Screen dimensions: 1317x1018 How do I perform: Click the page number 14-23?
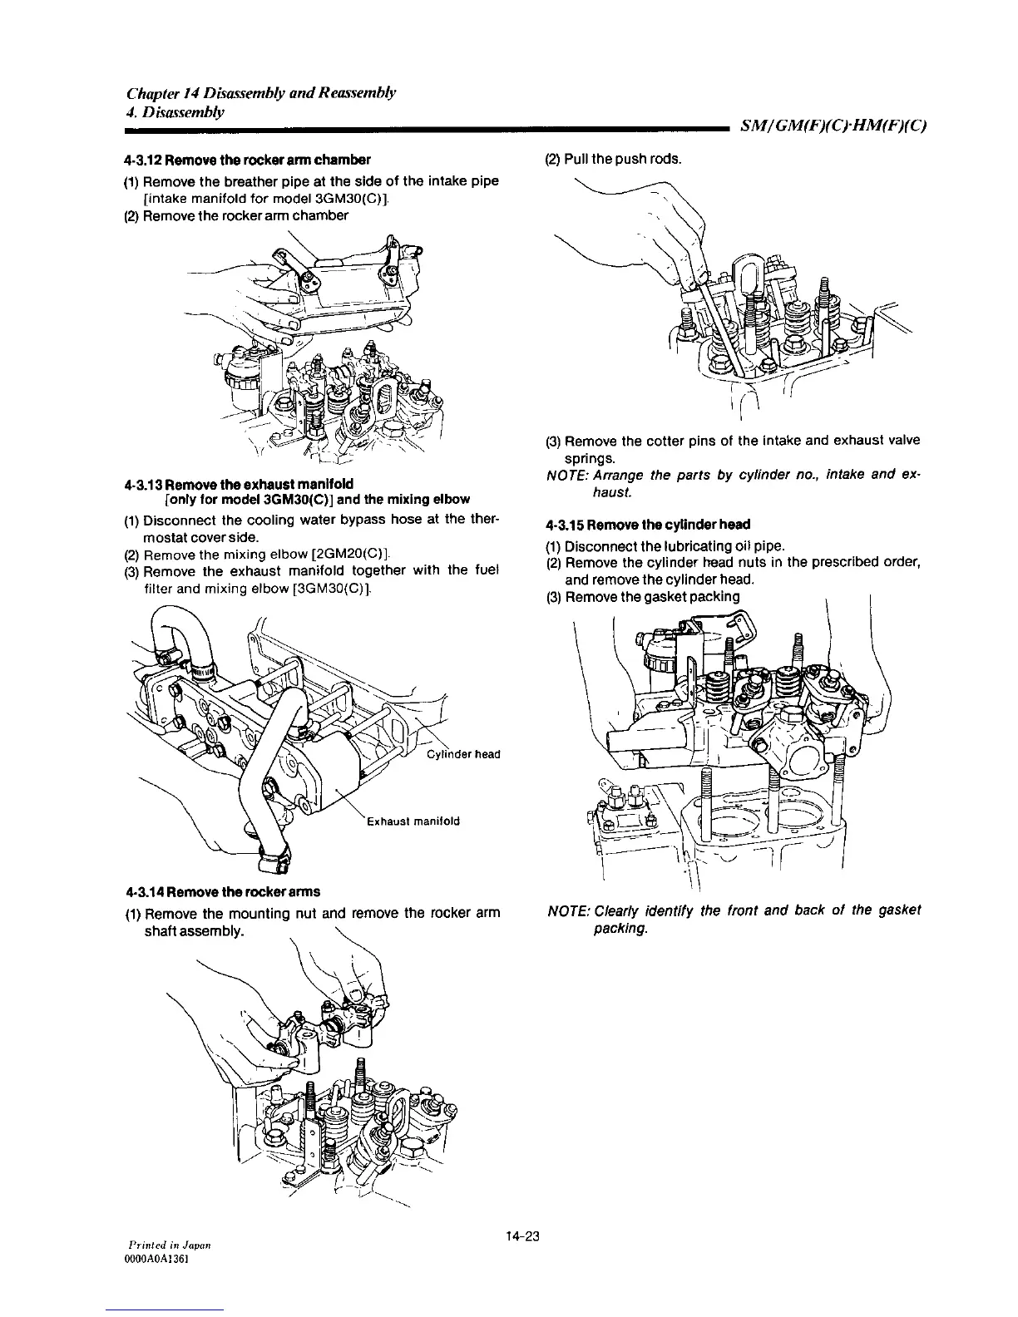[x=522, y=1236]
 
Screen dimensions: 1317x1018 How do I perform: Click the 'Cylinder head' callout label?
[x=462, y=754]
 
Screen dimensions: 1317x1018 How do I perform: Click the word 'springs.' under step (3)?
[x=591, y=458]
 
